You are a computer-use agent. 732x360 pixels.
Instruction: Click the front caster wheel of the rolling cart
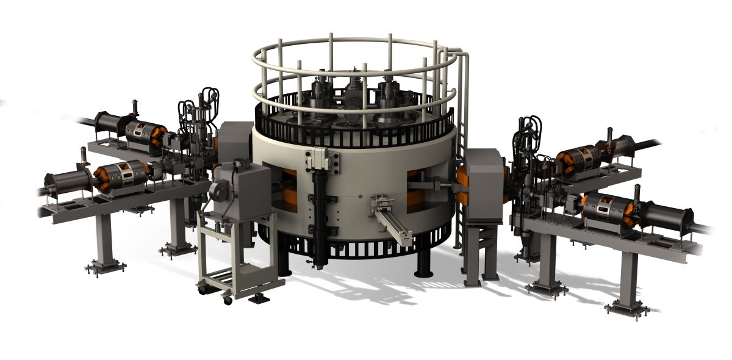pos(227,299)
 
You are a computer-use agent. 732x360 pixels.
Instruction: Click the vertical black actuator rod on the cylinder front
pos(320,207)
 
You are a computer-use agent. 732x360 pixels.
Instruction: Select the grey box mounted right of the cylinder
pos(482,183)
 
